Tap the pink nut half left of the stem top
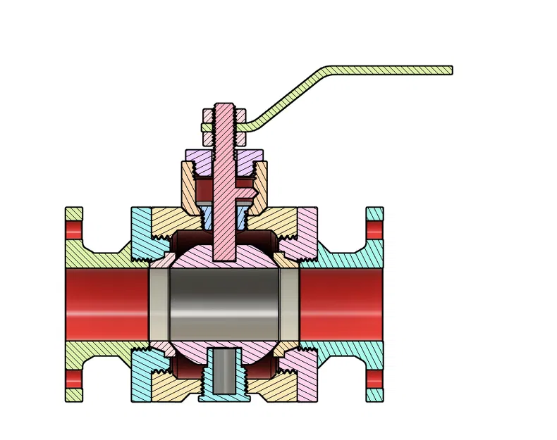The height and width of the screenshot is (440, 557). (209, 115)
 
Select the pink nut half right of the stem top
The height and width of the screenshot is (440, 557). (240, 115)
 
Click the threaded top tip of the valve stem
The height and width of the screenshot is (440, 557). (224, 107)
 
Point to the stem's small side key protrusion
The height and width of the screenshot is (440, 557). (247, 189)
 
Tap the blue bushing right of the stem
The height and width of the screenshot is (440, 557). (240, 215)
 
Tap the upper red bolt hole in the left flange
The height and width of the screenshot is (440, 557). (74, 230)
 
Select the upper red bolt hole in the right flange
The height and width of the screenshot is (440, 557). (374, 230)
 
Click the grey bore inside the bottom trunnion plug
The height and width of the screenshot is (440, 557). (224, 370)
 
